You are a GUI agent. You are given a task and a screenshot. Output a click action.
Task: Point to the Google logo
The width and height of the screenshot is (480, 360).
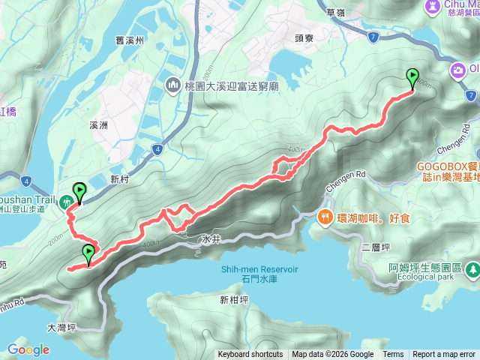[x=28, y=349]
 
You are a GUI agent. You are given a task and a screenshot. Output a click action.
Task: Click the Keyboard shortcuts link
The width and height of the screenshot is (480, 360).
[x=250, y=355]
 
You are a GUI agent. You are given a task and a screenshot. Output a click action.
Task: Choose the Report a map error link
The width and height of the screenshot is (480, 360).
[x=444, y=355]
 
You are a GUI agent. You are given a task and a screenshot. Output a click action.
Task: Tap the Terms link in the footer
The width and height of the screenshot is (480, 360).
[x=392, y=355]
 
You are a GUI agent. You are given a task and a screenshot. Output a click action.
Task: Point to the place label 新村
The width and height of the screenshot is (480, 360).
[x=120, y=178]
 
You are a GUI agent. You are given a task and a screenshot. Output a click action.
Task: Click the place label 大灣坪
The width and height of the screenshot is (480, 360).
[x=62, y=327]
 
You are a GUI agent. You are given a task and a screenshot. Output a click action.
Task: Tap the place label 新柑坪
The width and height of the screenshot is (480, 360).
[x=233, y=301]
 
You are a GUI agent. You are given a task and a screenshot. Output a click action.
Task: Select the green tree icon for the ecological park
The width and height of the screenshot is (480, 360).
[x=472, y=268]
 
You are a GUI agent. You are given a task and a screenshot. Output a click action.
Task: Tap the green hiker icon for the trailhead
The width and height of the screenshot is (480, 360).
[x=66, y=200]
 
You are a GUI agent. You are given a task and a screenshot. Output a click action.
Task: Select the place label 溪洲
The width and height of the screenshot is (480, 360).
[x=99, y=125]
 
